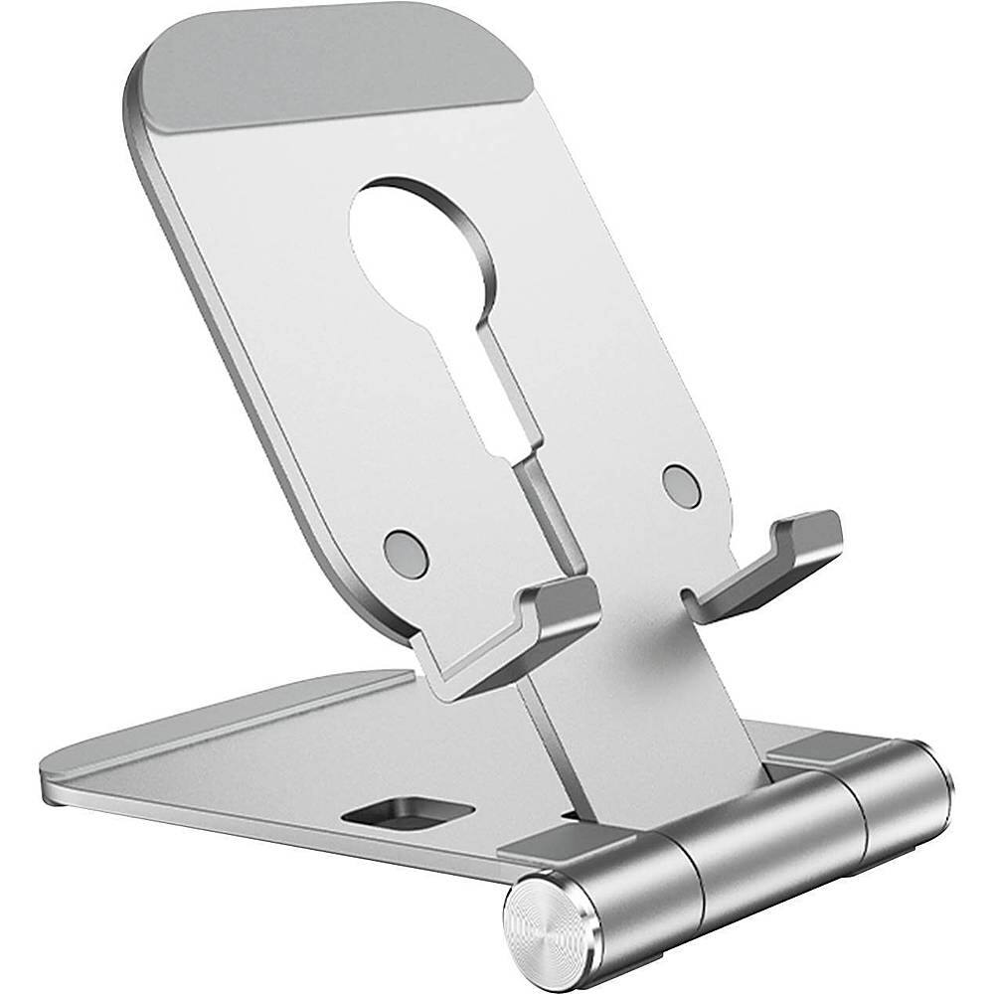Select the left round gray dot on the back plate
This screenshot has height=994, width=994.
(x=406, y=553)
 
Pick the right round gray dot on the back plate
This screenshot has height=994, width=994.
(x=681, y=484)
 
